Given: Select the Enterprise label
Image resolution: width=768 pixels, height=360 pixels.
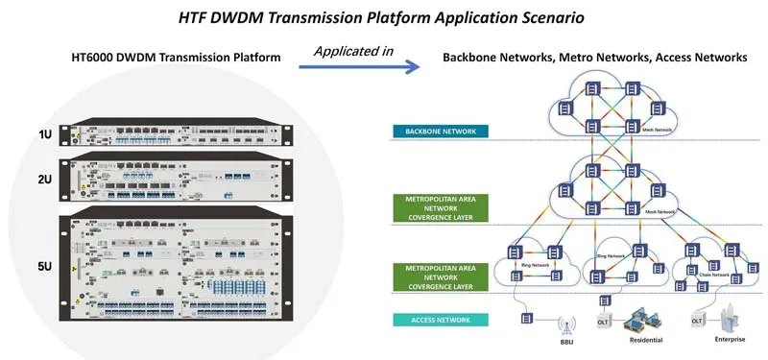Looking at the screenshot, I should click(x=729, y=340).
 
